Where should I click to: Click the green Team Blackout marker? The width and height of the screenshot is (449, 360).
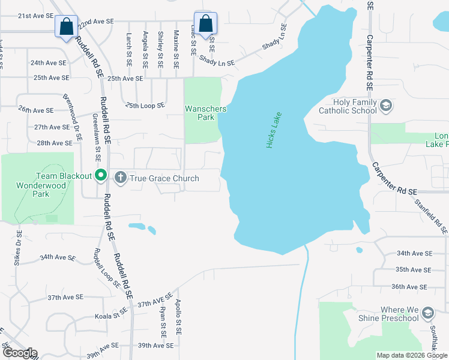(101, 176)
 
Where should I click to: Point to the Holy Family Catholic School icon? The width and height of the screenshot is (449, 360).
(386, 106)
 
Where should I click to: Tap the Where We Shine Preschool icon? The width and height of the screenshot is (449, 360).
(427, 313)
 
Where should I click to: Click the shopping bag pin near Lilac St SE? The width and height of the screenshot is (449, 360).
(206, 25)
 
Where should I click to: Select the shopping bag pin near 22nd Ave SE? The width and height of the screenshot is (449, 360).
(66, 27)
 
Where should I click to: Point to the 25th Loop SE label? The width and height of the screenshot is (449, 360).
(145, 106)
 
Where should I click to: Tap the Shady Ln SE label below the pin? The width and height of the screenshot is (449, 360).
(217, 61)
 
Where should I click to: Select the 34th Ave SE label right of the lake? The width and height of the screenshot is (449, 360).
(414, 254)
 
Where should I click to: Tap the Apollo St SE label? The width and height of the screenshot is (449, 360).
(178, 317)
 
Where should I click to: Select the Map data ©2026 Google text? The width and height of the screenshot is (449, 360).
(411, 355)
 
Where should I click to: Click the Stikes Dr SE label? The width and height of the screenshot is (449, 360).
(17, 248)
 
